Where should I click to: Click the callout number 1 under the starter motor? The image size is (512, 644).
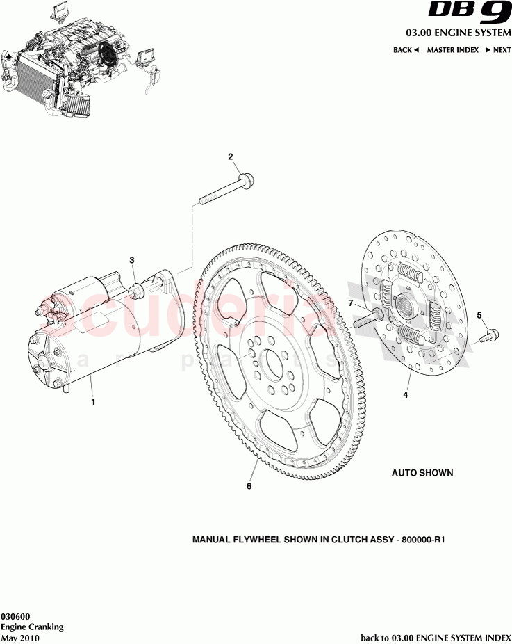pos(93,401)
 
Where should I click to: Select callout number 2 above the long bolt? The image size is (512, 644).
pos(231,157)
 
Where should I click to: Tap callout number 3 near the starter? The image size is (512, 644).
pos(132,260)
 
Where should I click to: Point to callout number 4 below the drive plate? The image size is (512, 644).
pos(406,395)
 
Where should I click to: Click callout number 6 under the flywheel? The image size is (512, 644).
pos(249,486)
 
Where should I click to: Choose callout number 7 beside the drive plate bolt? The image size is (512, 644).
pos(351,303)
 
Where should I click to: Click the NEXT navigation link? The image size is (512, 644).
pos(498,50)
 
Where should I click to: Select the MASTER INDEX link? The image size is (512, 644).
pos(452,50)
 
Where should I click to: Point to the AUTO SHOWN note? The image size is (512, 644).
pos(422,473)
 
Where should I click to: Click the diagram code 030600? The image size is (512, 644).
pos(15,616)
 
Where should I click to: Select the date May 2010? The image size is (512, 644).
pos(19,638)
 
